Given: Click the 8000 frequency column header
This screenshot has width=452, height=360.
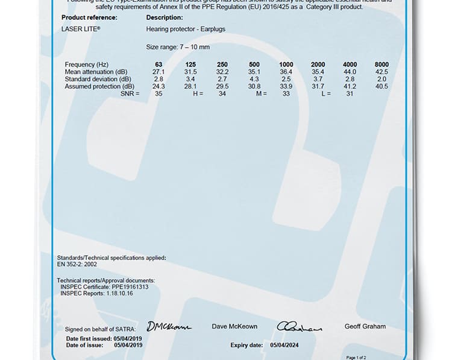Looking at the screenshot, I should [x=381, y=65].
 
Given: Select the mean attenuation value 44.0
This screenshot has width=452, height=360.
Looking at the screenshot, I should [x=350, y=72].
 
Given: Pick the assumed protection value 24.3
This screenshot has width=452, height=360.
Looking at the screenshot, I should [x=159, y=86].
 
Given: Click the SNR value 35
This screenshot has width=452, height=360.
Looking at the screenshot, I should [x=159, y=93].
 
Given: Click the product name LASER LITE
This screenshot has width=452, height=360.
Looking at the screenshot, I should [x=81, y=28].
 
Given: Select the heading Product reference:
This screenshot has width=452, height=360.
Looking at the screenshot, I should [x=89, y=17].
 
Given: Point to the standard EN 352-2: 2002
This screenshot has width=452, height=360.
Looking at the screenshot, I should [x=77, y=264].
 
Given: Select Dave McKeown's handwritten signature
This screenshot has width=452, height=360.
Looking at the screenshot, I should [x=169, y=326].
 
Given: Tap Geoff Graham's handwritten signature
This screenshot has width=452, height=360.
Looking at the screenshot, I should [x=299, y=327].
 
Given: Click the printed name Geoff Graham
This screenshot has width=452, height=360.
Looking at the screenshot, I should [x=365, y=326].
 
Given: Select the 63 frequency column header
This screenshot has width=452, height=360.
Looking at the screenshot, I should [x=159, y=65].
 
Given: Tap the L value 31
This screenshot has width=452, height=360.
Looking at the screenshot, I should [x=350, y=93].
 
